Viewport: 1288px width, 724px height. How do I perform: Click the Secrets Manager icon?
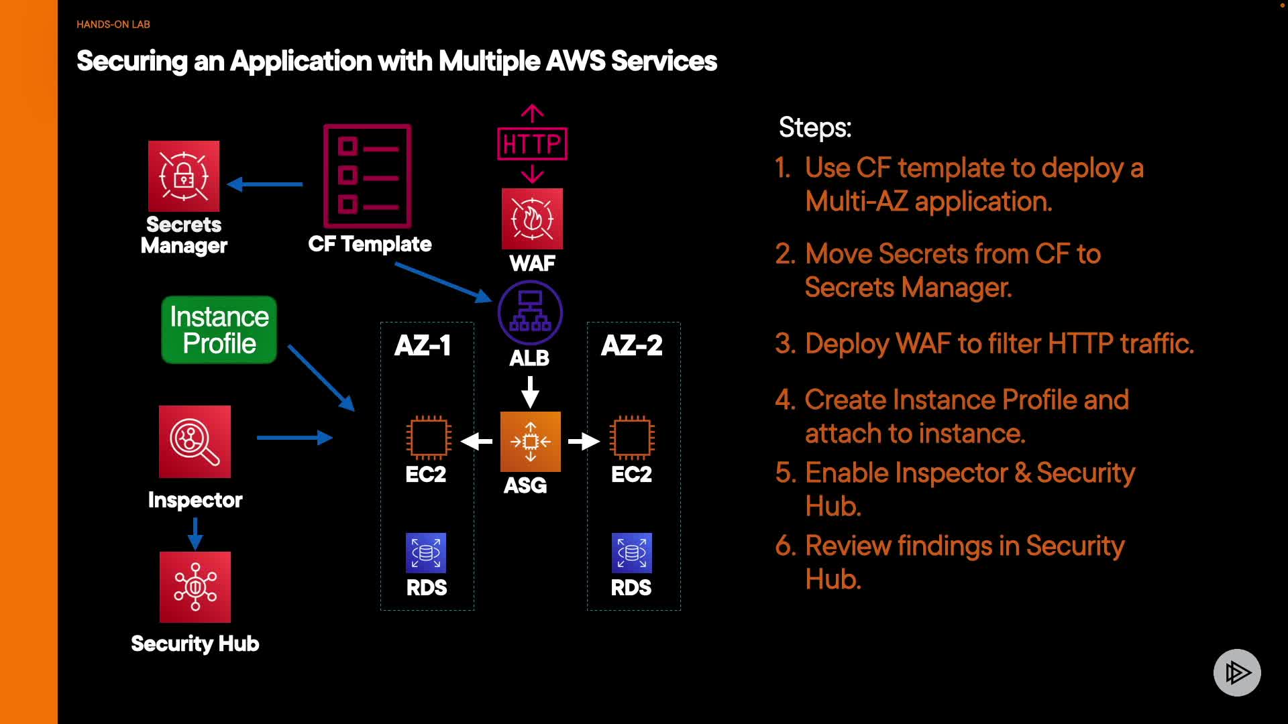pos(184,176)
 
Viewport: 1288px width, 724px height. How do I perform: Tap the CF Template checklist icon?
pos(367,176)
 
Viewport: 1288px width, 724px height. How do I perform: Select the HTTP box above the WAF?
pos(532,143)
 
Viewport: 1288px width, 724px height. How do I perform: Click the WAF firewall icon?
pos(532,219)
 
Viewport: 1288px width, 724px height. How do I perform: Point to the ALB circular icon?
pos(530,312)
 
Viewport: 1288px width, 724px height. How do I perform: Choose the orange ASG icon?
pos(530,441)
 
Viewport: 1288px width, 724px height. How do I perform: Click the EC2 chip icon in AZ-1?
pos(428,438)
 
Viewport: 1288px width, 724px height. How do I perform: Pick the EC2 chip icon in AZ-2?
pos(631,438)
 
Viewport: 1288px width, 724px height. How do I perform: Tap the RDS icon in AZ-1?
pos(426,552)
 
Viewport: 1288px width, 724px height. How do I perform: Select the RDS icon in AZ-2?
pos(631,552)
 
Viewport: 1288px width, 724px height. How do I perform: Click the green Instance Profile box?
pos(219,330)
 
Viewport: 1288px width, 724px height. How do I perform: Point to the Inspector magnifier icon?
pos(195,441)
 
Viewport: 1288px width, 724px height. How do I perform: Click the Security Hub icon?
pos(195,587)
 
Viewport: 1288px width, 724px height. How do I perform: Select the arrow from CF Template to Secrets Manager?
pos(265,184)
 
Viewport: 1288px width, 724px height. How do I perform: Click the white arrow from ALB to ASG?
pos(530,391)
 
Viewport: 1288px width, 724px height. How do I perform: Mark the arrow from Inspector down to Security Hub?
pos(195,533)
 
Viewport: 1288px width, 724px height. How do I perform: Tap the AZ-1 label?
pos(423,345)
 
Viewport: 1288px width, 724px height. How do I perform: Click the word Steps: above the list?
pos(815,127)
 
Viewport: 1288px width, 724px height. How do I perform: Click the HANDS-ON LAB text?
pos(113,24)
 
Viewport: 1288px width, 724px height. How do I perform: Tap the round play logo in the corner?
pos(1237,672)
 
